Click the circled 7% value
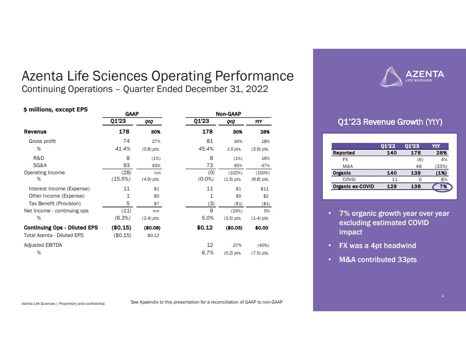pyautogui.click(x=443, y=187)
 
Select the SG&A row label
pyautogui.click(x=40, y=165)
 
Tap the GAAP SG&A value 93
pyautogui.click(x=126, y=165)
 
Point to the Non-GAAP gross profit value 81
pyautogui.click(x=210, y=141)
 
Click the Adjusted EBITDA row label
pyautogui.click(x=43, y=245)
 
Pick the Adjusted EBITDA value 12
pyautogui.click(x=210, y=245)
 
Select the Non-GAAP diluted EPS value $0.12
pyautogui.click(x=205, y=228)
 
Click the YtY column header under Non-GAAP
pyautogui.click(x=258, y=121)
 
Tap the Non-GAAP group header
pyautogui.click(x=228, y=114)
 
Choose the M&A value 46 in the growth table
pyautogui.click(x=419, y=166)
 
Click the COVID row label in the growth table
pyautogui.click(x=349, y=179)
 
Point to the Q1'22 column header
pyautogui.click(x=388, y=146)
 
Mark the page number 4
pyautogui.click(x=443, y=296)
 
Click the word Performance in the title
pyautogui.click(x=254, y=76)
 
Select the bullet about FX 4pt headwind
pyautogui.click(x=377, y=246)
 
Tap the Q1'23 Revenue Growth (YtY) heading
pyautogui.click(x=390, y=122)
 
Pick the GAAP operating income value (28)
pyautogui.click(x=126, y=173)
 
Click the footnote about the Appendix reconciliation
pyautogui.click(x=207, y=302)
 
